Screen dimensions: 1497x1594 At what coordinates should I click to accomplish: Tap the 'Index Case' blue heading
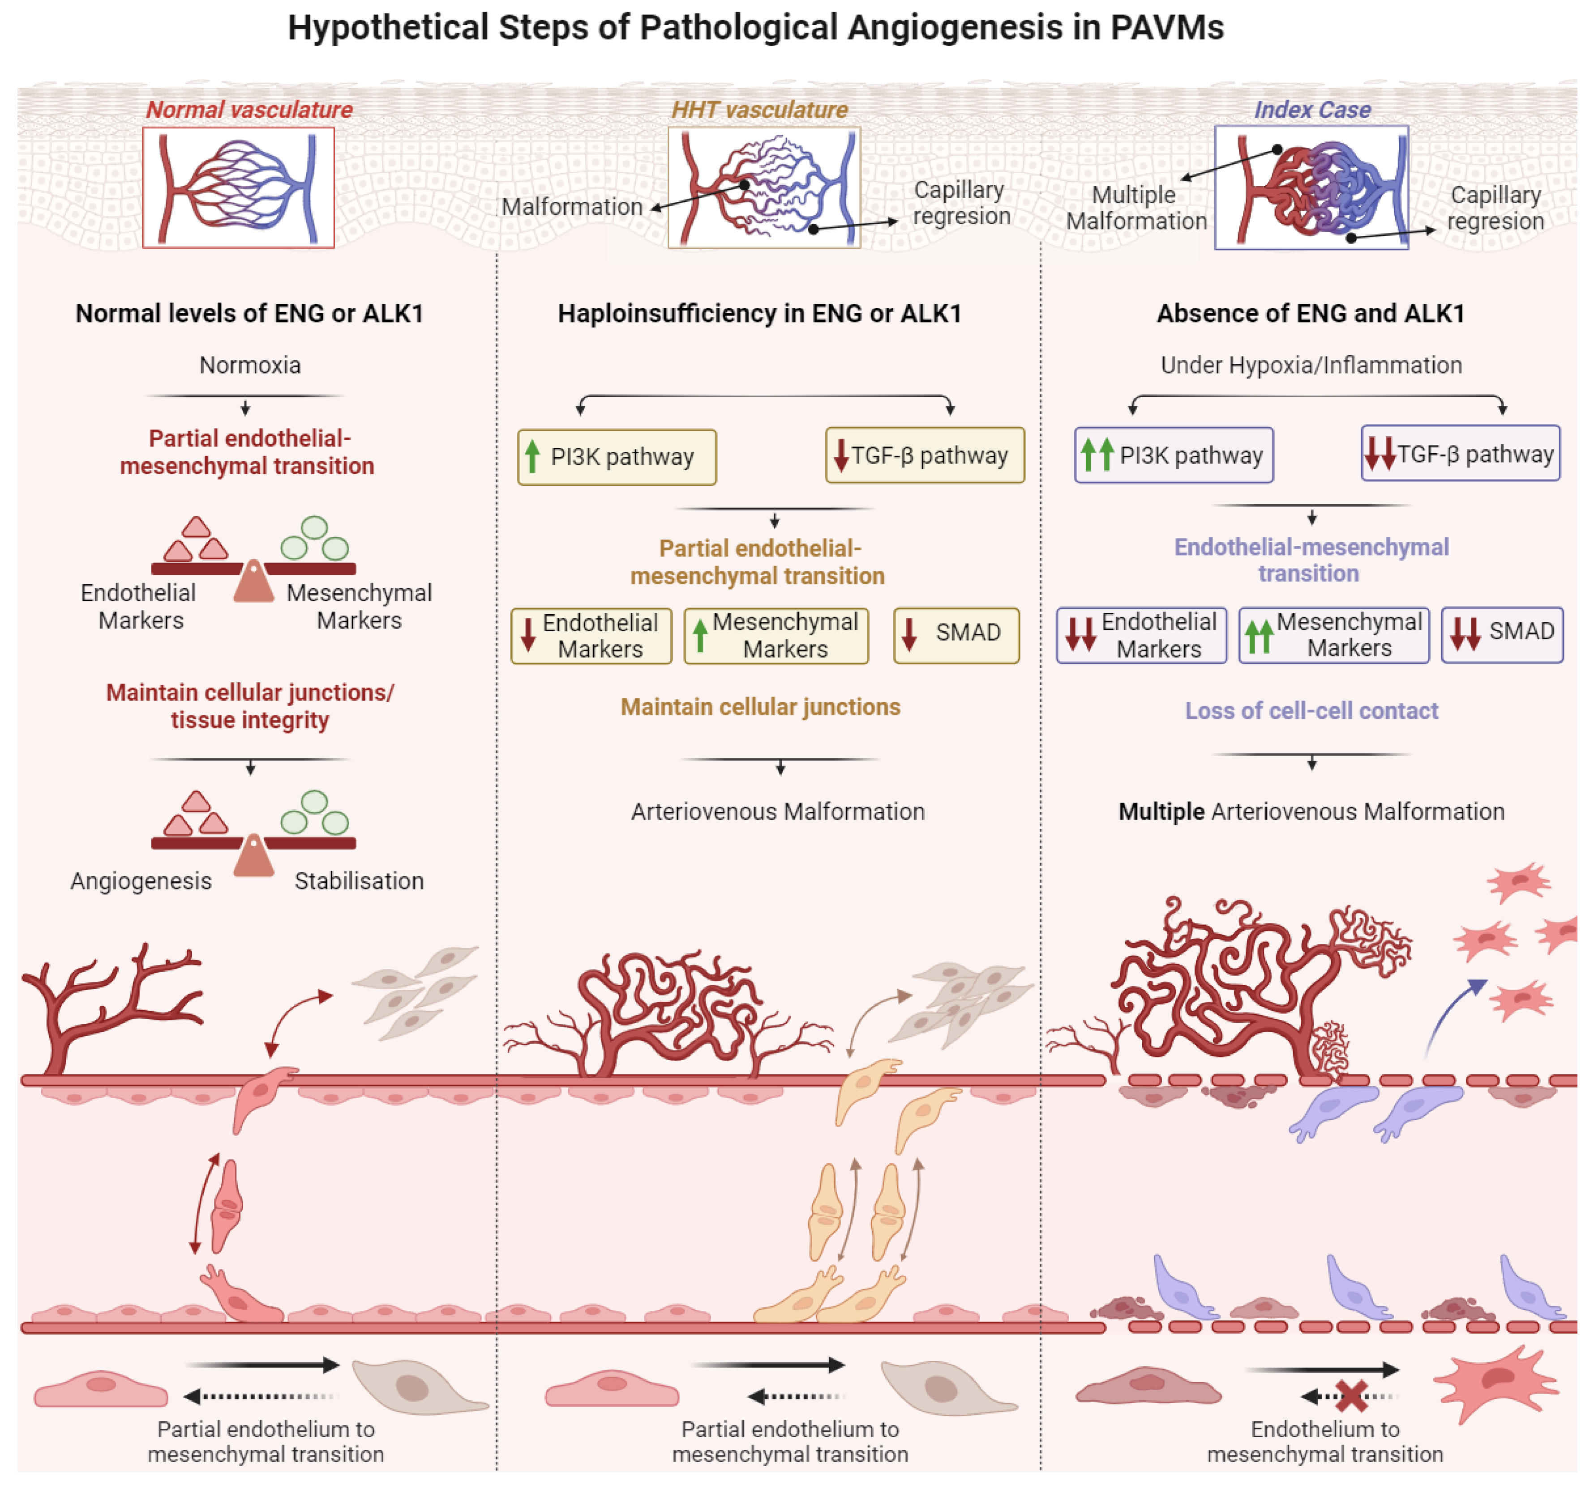[x=1312, y=110]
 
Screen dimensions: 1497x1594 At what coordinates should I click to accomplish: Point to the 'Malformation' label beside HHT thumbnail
[x=572, y=207]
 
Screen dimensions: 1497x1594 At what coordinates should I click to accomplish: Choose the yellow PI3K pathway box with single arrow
[x=617, y=457]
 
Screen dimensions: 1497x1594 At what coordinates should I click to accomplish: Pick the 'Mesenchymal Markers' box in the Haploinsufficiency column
[x=776, y=635]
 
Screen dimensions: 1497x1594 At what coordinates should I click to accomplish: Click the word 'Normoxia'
[x=250, y=366]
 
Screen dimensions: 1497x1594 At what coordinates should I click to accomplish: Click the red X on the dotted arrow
[x=1352, y=1397]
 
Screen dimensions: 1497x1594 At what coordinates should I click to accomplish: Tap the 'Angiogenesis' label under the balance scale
[x=141, y=881]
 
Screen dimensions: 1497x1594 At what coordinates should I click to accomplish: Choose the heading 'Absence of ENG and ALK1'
[x=1310, y=313]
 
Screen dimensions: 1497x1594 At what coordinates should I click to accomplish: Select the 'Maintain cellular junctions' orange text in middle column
[x=760, y=707]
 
